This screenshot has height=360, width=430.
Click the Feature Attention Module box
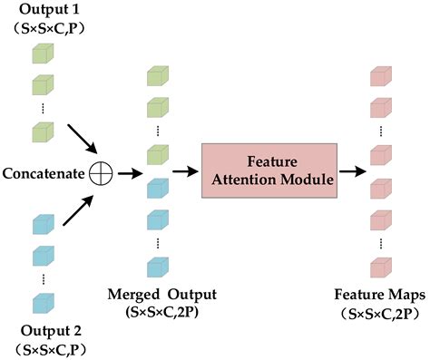point(267,170)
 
